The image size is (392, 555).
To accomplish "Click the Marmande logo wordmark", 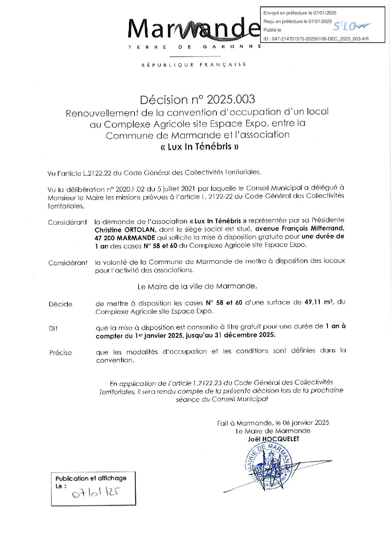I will pyautogui.click(x=193, y=29).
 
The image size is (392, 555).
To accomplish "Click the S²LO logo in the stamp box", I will pyautogui.click(x=351, y=26).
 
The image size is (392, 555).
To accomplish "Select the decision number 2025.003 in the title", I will pyautogui.click(x=231, y=99).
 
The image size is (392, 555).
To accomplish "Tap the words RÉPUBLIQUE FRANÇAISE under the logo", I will pyautogui.click(x=194, y=65).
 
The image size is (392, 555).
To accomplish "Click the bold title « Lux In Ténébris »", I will pyautogui.click(x=199, y=146).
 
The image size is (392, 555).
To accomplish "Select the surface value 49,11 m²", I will pyautogui.click(x=318, y=302).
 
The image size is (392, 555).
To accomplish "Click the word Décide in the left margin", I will pyautogui.click(x=60, y=304).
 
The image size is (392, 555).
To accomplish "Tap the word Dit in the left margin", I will pyautogui.click(x=53, y=328).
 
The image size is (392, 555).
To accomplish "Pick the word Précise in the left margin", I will pyautogui.click(x=60, y=353).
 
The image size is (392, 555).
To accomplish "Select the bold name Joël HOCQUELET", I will pyautogui.click(x=273, y=439).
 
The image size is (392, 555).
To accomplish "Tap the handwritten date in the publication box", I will pyautogui.click(x=95, y=492).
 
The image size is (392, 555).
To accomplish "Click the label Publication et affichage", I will pyautogui.click(x=91, y=478).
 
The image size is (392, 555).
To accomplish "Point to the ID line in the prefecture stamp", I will pyautogui.click(x=316, y=39).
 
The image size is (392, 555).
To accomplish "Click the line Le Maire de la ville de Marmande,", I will pyautogui.click(x=197, y=286).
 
